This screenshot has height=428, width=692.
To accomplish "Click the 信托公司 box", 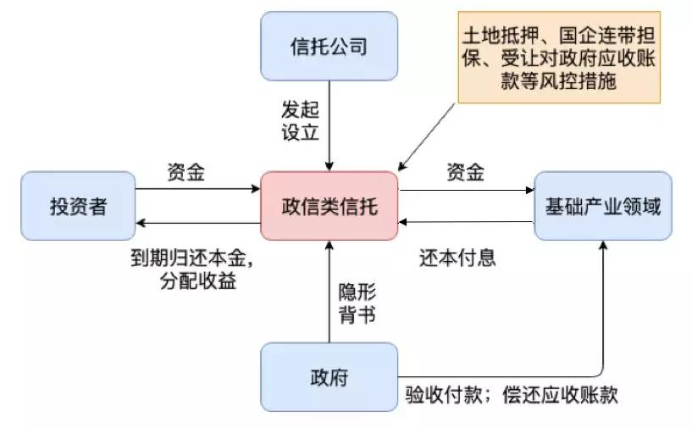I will point(329,46).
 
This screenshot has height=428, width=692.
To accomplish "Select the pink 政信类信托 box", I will point(329,206).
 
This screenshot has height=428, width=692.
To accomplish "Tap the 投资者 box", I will point(78,206).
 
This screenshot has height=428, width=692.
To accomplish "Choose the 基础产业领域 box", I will point(602,206).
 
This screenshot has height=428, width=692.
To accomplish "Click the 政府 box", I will point(329,376).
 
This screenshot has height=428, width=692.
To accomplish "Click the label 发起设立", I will point(300,120).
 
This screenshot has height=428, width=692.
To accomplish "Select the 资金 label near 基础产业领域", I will point(465,172).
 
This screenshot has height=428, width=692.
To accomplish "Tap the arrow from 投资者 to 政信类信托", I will point(199,190).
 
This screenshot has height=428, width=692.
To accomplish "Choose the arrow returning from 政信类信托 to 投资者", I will point(199,223).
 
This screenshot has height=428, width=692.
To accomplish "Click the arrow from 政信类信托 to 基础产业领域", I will point(466,190).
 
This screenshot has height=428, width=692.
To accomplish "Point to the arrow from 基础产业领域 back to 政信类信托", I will point(466,223).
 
